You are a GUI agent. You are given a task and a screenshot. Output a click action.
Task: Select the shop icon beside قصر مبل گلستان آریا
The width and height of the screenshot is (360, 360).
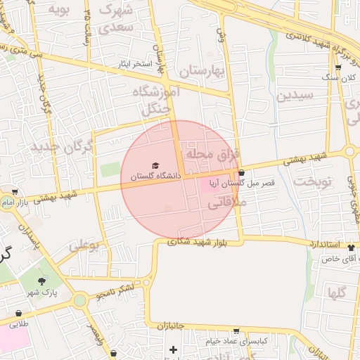[242, 172]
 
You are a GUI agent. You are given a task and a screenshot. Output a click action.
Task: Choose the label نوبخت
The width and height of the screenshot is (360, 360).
[312, 181]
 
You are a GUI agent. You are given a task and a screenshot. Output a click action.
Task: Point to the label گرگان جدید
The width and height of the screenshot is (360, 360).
[62, 147]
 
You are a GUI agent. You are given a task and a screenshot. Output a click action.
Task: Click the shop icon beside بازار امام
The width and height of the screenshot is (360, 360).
[14, 191]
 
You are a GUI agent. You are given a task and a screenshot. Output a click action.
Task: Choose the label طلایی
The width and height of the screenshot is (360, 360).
[19, 324]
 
